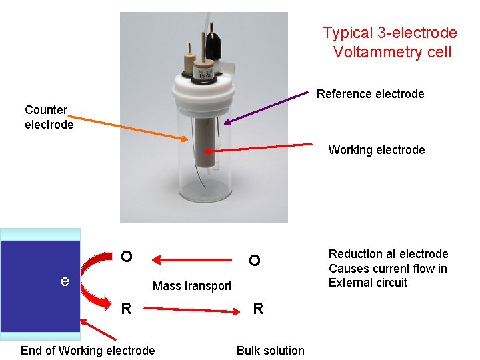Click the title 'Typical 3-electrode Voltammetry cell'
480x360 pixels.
389,42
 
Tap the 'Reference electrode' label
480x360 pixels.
370,94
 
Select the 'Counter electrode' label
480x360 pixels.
49,117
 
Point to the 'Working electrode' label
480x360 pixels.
376,150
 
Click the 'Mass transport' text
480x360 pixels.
192,286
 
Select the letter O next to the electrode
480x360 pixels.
126,257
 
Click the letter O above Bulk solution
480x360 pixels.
254,261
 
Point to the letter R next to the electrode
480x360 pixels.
125,309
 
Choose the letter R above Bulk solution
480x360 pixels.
258,309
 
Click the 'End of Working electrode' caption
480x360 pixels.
87,351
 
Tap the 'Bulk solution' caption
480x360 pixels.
270,351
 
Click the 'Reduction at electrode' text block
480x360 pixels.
388,268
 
